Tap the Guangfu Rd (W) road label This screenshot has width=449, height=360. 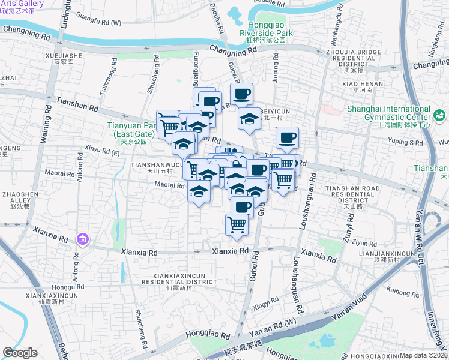[x=99, y=23]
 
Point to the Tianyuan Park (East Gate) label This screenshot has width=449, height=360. [x=132, y=130]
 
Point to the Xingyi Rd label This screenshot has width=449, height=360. [x=266, y=305]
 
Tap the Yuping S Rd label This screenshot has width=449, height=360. [x=406, y=143]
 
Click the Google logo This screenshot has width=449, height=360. [x=20, y=353]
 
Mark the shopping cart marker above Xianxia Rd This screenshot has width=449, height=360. [x=237, y=225]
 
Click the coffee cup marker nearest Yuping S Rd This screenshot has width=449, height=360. [x=288, y=138]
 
